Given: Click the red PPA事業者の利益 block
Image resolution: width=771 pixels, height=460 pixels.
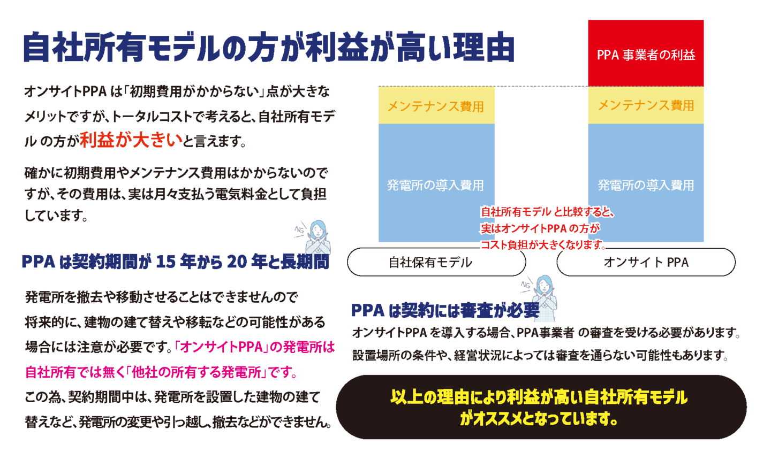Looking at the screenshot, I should (646, 53).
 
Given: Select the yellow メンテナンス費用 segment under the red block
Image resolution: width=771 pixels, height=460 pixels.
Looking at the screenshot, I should (646, 105).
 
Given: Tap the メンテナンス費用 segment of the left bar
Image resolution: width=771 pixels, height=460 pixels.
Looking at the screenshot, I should (436, 106).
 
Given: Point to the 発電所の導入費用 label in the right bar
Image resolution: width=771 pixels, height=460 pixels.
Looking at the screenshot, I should (646, 185).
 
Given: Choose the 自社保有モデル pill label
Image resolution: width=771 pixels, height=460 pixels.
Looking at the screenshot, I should (430, 262).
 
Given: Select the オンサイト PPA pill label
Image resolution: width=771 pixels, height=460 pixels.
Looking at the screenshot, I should (646, 262).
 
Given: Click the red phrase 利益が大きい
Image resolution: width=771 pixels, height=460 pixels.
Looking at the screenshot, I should (131, 140).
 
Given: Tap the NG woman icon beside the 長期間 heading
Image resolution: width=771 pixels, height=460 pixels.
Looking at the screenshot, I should (313, 242).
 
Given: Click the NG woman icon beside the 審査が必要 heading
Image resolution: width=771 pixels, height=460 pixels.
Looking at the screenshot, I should (540, 297).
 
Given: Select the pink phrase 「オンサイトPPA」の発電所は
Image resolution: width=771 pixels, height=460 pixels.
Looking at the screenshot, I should (255, 347).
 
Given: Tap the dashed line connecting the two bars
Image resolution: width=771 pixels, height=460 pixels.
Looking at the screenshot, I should (541, 86).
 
